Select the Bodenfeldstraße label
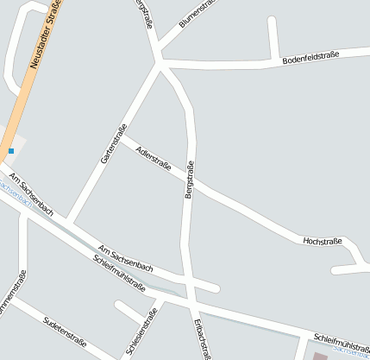pyautogui.click(x=310, y=58)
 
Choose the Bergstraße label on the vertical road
pyautogui.click(x=189, y=181)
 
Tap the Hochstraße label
pyautogui.click(x=323, y=241)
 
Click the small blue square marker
pyautogui.click(x=11, y=151)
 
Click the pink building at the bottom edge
pyautogui.click(x=320, y=356)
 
